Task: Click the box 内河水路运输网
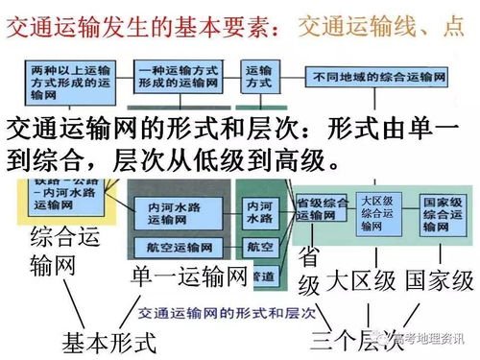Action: click(170, 210)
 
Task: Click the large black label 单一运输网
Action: click(190, 278)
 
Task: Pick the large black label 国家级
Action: click(439, 281)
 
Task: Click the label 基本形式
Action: click(108, 340)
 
